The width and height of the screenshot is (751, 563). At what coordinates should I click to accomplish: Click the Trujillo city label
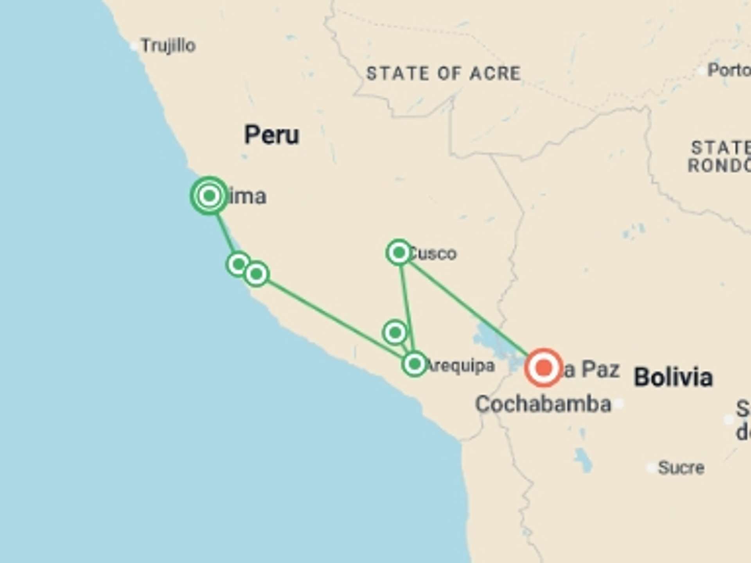tap(168, 46)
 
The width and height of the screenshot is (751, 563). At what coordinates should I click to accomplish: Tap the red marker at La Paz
tap(543, 368)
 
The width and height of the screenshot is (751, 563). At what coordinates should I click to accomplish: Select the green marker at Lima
tap(209, 195)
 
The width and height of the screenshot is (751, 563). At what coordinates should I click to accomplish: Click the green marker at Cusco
tap(399, 253)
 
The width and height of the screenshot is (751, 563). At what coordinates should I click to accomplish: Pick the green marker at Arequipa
tap(414, 364)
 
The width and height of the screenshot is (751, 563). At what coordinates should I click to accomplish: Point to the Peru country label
tap(271, 135)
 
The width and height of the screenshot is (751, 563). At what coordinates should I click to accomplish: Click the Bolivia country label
tap(673, 377)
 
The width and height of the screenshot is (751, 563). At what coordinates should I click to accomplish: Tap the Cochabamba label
tap(543, 404)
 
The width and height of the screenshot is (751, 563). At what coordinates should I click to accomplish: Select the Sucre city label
tap(681, 468)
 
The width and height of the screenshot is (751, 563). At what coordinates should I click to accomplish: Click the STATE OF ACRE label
tap(444, 74)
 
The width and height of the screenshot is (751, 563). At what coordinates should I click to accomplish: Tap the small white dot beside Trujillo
tap(134, 46)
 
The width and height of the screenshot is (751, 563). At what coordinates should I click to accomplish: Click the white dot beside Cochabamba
tap(619, 404)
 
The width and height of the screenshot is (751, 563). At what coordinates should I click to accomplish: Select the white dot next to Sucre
tap(651, 468)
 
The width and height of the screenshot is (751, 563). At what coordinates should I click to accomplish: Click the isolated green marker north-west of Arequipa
tap(395, 332)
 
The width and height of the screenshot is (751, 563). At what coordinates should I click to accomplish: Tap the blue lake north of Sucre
tap(583, 460)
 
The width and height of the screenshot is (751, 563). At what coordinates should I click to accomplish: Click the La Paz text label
tap(591, 369)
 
